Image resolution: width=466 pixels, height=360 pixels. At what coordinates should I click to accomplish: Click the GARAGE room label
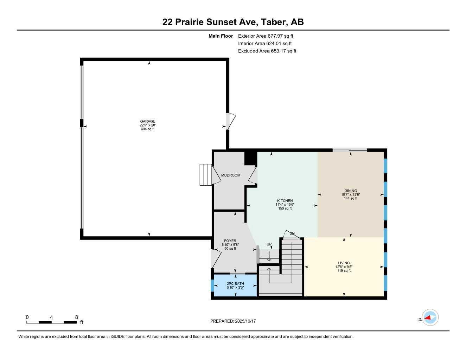pyautogui.click(x=147, y=121)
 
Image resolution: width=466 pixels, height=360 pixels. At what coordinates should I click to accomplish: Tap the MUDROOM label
pyautogui.click(x=231, y=175)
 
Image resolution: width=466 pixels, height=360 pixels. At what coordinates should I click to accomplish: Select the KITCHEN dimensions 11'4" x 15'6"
pyautogui.click(x=285, y=205)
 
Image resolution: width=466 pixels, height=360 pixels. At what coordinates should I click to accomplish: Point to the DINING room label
pyautogui.click(x=350, y=191)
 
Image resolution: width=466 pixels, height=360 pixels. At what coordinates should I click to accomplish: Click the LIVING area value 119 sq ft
pyautogui.click(x=344, y=271)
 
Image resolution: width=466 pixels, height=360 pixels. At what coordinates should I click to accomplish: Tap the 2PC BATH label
pyautogui.click(x=235, y=284)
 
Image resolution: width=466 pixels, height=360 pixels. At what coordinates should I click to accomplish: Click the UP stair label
pyautogui.click(x=269, y=244)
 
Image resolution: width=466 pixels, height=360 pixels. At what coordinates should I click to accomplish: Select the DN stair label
pyautogui.click(x=292, y=233)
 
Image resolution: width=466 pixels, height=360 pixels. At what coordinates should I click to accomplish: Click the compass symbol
pyautogui.click(x=430, y=318)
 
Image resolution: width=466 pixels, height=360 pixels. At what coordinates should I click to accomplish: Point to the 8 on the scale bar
pyautogui.click(x=76, y=317)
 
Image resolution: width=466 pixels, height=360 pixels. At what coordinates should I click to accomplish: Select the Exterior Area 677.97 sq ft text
pyautogui.click(x=266, y=36)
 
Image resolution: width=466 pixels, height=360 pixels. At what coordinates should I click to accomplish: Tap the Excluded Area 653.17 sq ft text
pyautogui.click(x=267, y=51)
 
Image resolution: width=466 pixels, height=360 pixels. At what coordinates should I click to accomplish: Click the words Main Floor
pyautogui.click(x=221, y=36)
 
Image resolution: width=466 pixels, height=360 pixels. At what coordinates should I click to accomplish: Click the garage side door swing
pyautogui.click(x=230, y=121)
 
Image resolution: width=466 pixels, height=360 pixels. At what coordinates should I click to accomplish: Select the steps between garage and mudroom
pyautogui.click(x=205, y=174)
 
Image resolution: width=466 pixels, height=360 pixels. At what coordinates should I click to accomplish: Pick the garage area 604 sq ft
pyautogui.click(x=147, y=129)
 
